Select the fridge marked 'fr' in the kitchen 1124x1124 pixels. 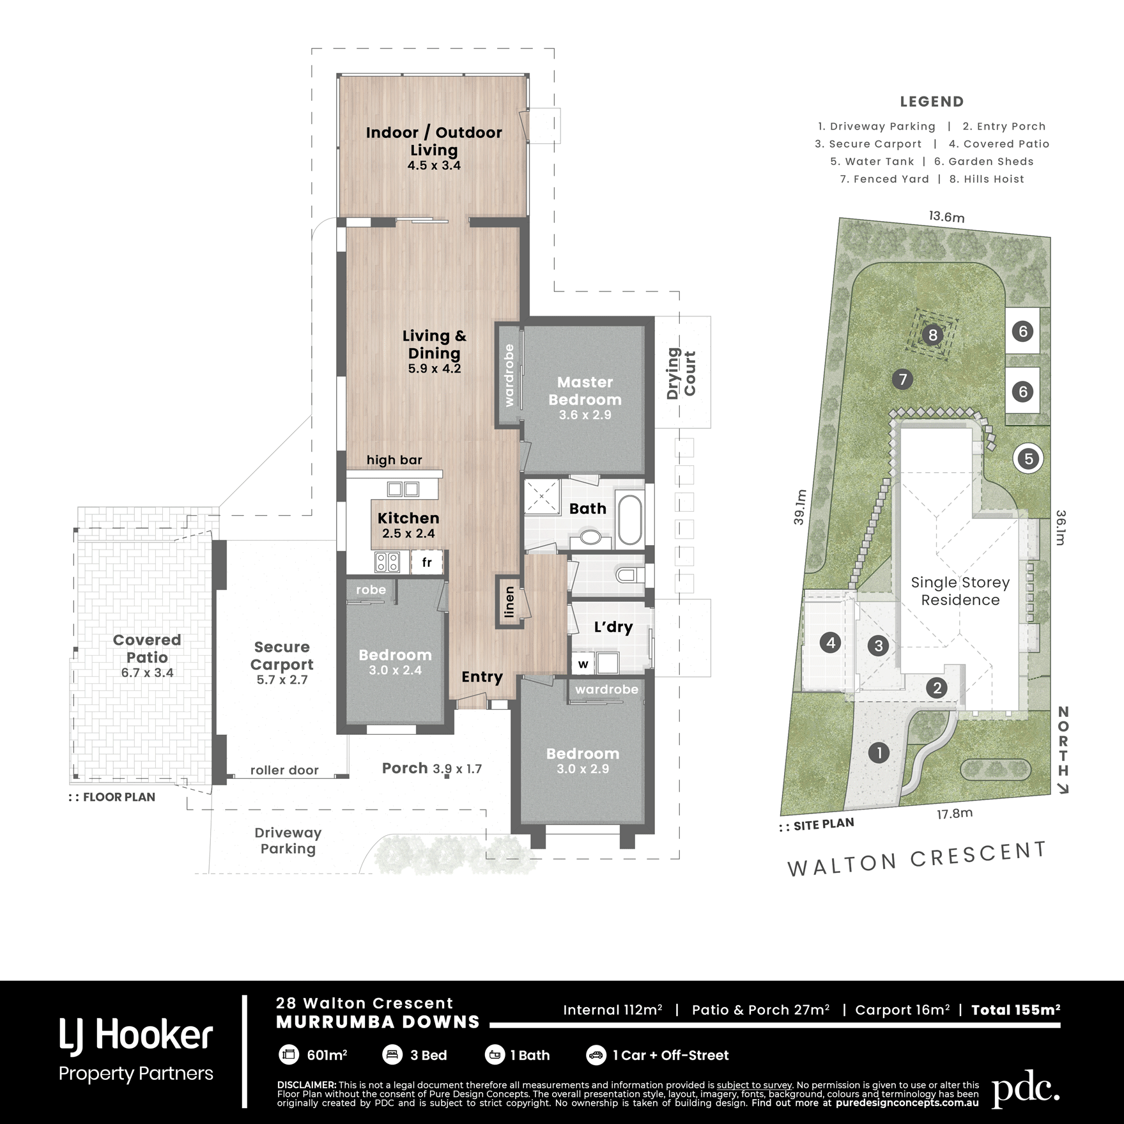click(426, 562)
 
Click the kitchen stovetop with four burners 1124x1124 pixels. click(387, 562)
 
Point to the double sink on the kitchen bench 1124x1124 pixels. click(403, 489)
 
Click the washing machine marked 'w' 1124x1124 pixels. click(583, 664)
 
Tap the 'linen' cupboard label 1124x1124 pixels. click(509, 602)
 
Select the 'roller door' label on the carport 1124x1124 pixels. click(284, 770)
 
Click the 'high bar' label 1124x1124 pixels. click(394, 460)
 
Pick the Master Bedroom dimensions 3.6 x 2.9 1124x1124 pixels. click(585, 415)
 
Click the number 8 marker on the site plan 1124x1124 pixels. click(933, 335)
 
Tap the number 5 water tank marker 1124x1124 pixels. click(1029, 458)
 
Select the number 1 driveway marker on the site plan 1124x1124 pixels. click(879, 753)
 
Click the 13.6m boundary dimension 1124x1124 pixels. click(946, 217)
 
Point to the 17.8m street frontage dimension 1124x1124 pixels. click(955, 813)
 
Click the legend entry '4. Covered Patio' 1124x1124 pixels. click(999, 144)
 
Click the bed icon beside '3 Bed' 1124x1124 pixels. click(392, 1055)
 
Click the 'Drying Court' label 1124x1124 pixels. click(681, 374)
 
